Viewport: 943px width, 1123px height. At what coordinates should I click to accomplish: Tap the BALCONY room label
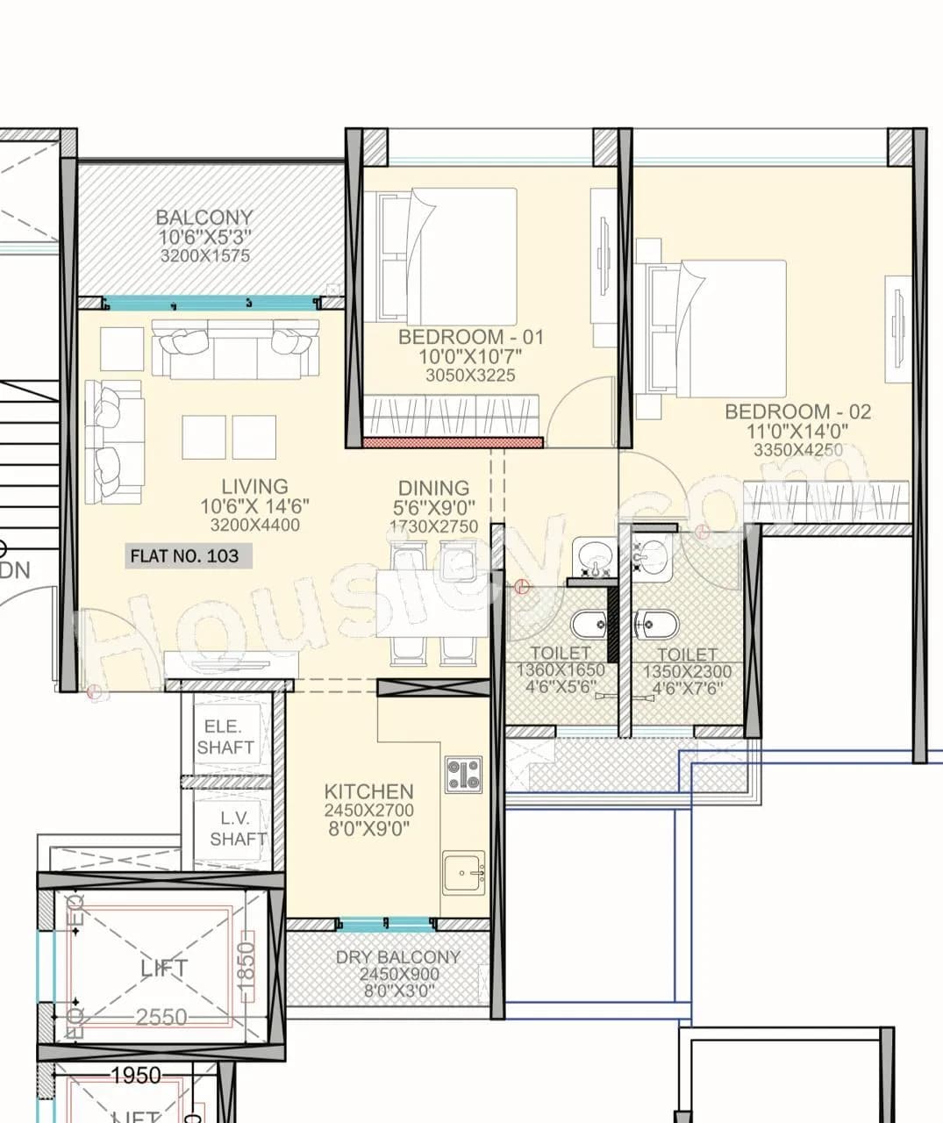point(204,218)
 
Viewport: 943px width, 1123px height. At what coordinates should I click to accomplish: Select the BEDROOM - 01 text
point(471,337)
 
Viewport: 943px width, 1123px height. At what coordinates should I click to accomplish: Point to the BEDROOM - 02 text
point(797,411)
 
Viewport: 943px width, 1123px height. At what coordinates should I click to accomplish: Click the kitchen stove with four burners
point(463,775)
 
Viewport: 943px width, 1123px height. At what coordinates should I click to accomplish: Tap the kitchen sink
point(463,872)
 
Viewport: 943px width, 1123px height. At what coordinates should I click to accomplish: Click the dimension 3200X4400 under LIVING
point(254,526)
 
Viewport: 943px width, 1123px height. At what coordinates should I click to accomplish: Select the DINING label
point(433,488)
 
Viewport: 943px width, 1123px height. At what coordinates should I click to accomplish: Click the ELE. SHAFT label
point(225,737)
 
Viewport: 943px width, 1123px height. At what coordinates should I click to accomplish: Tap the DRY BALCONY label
point(397,957)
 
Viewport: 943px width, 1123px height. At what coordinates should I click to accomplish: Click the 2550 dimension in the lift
point(162,1018)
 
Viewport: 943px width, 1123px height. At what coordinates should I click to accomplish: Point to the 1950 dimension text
point(136,1076)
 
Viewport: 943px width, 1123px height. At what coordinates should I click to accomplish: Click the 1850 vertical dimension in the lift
point(246,967)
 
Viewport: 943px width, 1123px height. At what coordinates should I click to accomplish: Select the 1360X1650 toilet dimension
point(561,670)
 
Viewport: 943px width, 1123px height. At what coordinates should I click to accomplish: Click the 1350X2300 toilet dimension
point(687,672)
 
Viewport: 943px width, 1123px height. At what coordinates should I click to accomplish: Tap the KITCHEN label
point(368,791)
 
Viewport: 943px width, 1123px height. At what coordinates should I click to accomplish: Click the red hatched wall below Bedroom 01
point(453,442)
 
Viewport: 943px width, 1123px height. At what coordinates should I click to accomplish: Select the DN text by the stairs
point(15,570)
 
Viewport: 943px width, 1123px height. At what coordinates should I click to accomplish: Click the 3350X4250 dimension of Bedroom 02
point(797,450)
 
